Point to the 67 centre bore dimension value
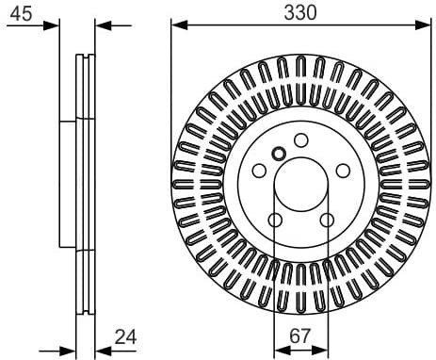point(300,335)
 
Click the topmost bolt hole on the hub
point(300,140)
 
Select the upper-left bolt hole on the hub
point(258,172)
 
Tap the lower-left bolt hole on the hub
point(274,221)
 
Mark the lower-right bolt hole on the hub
point(327,221)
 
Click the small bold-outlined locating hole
point(278,154)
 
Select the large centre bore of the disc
point(300,185)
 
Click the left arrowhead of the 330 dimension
point(176,25)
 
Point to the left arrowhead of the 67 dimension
point(279,346)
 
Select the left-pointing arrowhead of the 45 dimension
point(102,25)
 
